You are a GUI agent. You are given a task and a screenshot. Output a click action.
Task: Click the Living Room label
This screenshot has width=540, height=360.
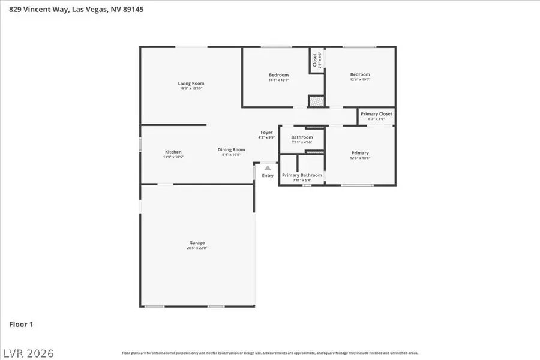tap(191, 83)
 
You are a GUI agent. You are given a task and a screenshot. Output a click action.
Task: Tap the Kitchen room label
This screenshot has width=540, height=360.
tap(173, 152)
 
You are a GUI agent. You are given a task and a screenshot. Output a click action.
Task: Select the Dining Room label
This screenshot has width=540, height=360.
tap(231, 149)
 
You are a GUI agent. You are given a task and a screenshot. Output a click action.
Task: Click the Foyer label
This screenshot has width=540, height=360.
tap(266, 132)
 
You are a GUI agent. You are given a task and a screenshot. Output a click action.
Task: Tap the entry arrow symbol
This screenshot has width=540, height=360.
tap(268, 169)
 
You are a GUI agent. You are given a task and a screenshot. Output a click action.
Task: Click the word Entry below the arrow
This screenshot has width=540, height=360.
tap(268, 176)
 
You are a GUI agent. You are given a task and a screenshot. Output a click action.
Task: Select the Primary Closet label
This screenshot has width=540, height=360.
tap(376, 114)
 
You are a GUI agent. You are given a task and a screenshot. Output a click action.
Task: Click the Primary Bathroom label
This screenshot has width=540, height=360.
tap(302, 175)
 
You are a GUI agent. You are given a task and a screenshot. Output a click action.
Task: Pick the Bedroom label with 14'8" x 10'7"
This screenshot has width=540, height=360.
tap(278, 75)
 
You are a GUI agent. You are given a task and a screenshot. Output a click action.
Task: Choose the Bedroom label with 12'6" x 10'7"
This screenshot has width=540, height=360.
tap(360, 74)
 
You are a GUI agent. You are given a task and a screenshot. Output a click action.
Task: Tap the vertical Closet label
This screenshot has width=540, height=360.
tap(314, 61)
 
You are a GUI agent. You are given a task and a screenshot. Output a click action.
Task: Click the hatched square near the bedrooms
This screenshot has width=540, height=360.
tap(316, 101)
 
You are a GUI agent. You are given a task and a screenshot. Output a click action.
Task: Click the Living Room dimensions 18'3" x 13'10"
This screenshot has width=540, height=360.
tap(191, 88)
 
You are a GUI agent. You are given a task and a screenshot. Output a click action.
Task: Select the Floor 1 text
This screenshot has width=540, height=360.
tap(21, 324)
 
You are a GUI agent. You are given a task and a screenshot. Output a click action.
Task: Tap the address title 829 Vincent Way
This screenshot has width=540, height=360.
tap(71, 9)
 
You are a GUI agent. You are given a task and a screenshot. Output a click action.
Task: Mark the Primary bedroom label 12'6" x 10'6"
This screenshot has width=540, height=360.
tap(360, 153)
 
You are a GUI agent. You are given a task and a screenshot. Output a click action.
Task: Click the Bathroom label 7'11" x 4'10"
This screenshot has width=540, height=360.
tap(302, 137)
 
